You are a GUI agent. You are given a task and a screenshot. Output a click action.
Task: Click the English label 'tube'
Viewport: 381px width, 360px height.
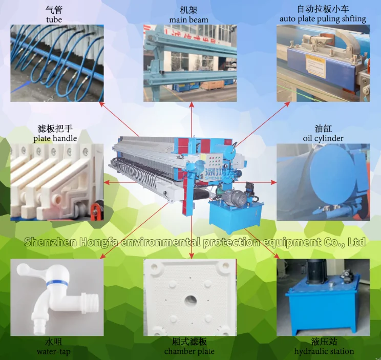pos(54,19)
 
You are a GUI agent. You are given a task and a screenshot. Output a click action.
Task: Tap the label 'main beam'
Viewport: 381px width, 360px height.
pos(189,19)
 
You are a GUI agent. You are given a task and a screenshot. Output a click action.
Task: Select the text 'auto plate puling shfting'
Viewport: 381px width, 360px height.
pos(323,19)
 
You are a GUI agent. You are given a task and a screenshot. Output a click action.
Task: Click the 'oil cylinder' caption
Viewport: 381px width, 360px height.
pos(323,138)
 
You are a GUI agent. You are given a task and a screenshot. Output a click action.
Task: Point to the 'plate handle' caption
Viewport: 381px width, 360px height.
pos(55,138)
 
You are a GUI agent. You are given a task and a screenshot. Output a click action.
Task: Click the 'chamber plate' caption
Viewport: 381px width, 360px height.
pos(189,352)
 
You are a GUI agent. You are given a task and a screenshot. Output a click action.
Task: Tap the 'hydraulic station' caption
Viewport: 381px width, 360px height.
pos(324,351)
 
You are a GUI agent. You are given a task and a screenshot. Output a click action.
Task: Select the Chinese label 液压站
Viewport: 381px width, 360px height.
pos(324,342)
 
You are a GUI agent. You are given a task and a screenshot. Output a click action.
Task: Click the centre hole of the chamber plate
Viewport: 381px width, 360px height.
pos(190,299)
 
